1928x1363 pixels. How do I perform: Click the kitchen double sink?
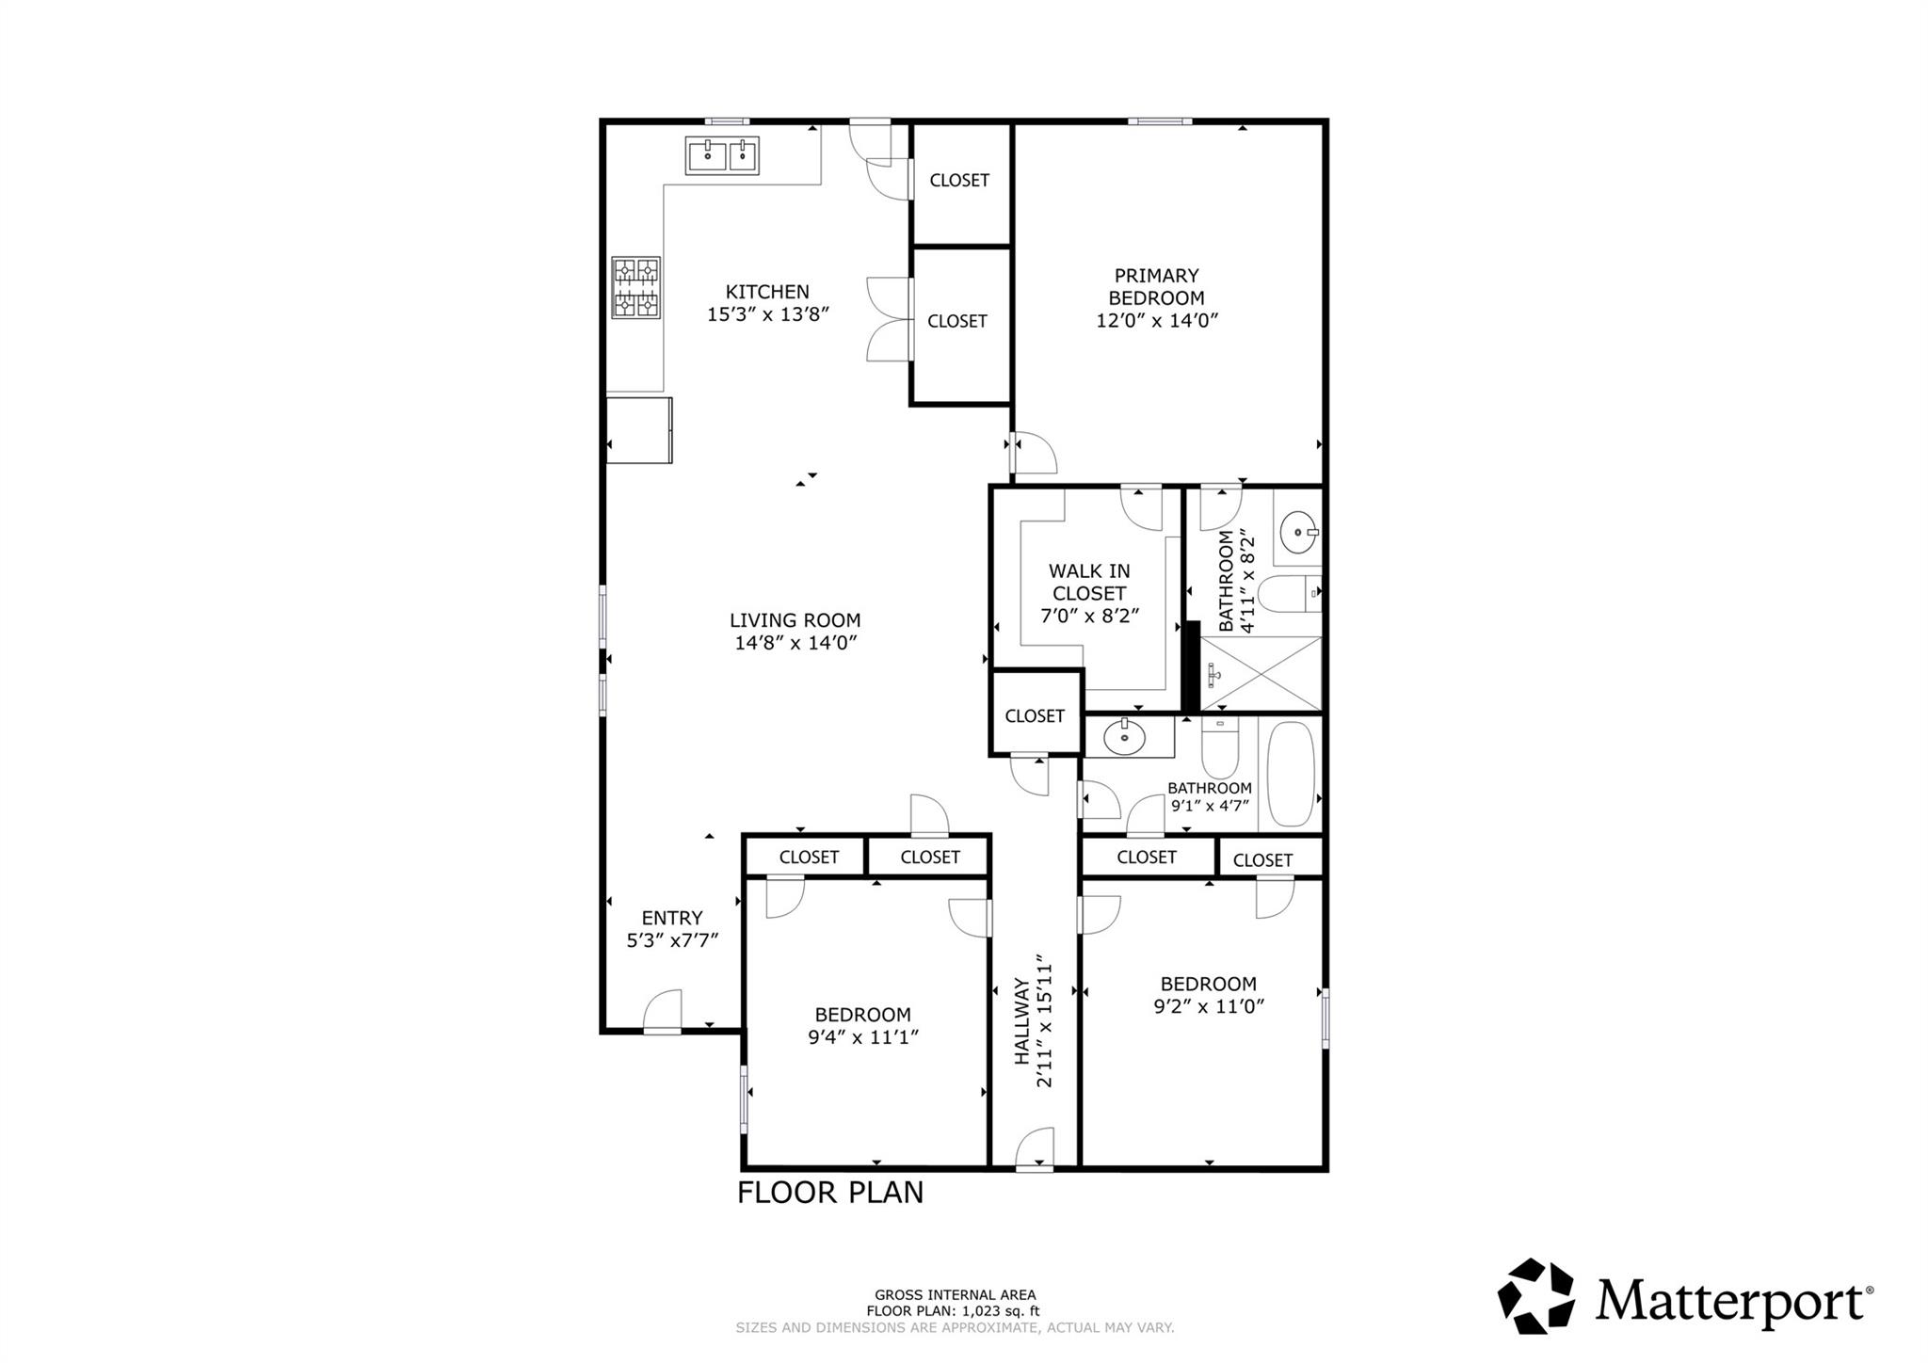click(722, 156)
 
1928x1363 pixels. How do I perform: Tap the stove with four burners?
click(636, 287)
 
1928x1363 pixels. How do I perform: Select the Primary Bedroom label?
click(1156, 287)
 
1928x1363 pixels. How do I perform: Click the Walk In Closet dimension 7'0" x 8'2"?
click(1089, 616)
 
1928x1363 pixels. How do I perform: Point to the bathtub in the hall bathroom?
click(1290, 774)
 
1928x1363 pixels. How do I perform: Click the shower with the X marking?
click(1261, 673)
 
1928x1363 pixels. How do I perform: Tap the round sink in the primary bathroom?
click(1298, 534)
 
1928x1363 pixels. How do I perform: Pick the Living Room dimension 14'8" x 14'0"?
click(795, 643)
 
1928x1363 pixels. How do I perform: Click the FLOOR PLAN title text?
click(829, 1193)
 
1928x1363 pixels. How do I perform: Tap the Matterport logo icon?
click(1535, 1296)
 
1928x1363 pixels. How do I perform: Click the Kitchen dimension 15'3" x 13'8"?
click(767, 314)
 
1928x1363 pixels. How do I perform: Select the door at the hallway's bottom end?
click(1036, 1148)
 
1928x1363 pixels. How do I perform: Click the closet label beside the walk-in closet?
click(1034, 715)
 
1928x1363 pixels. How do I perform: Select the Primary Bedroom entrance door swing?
click(1034, 453)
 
